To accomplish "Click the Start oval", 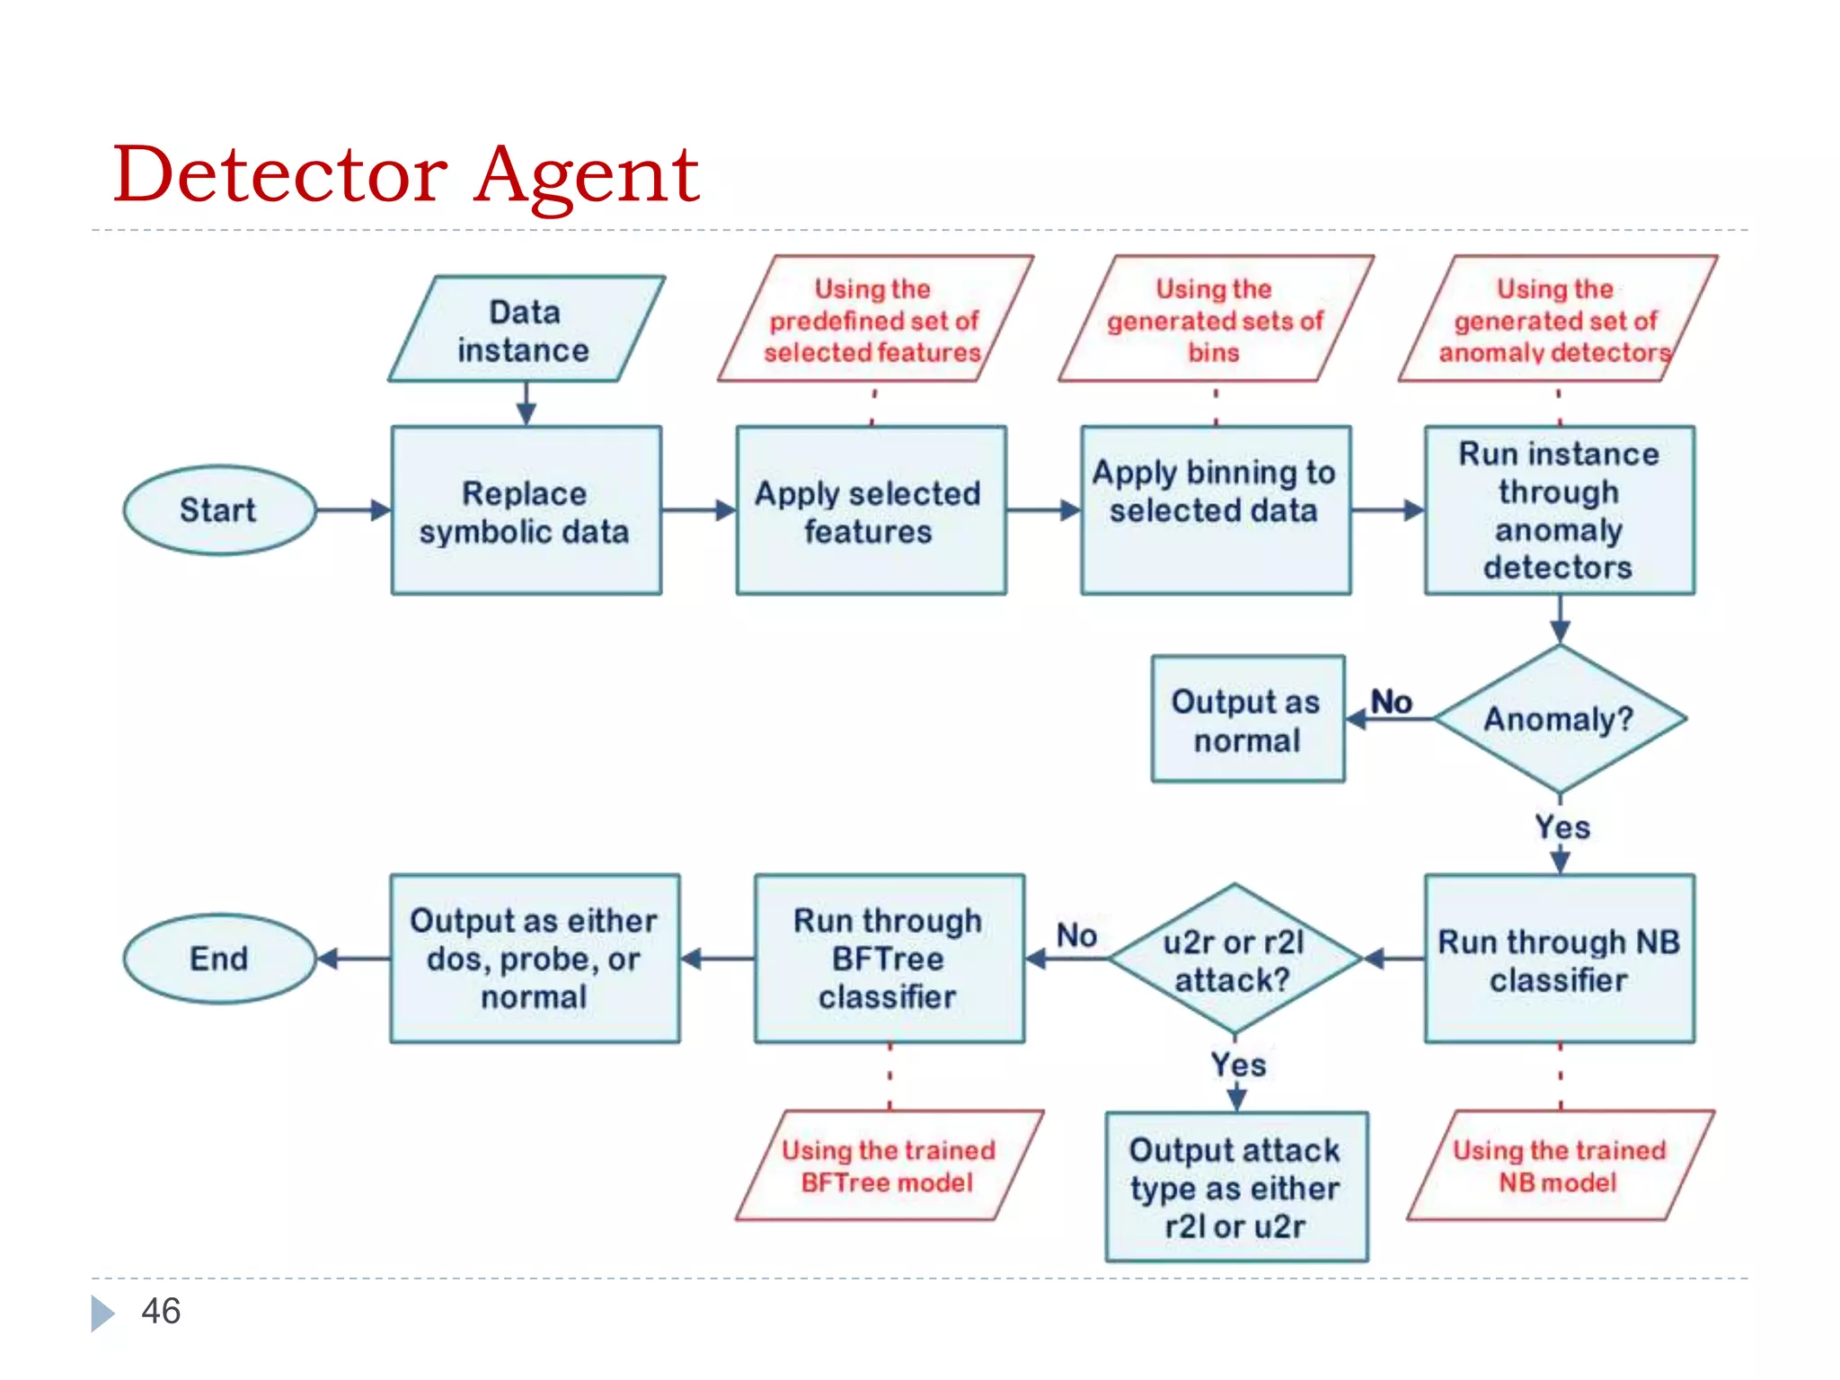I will [219, 510].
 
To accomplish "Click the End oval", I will [219, 959].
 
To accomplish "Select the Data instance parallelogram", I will [526, 330].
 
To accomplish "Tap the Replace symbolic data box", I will [526, 510].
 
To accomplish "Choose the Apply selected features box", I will [870, 510].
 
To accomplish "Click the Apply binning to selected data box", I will [1215, 510].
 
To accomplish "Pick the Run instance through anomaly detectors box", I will [1559, 510].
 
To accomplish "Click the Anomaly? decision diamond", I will [1559, 719].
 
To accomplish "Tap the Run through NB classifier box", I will [1559, 959].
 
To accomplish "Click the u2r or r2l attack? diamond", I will [1234, 959].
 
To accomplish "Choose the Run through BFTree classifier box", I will [889, 959].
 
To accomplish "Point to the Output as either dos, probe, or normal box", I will [535, 959].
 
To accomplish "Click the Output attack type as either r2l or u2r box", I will [1235, 1187].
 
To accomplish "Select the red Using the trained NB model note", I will [1560, 1165].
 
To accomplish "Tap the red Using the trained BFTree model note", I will [889, 1165].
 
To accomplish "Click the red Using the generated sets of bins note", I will [1215, 320].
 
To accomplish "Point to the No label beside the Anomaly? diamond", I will [1391, 702].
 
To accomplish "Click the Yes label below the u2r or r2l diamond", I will [1238, 1065].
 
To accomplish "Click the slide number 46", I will [161, 1311].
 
